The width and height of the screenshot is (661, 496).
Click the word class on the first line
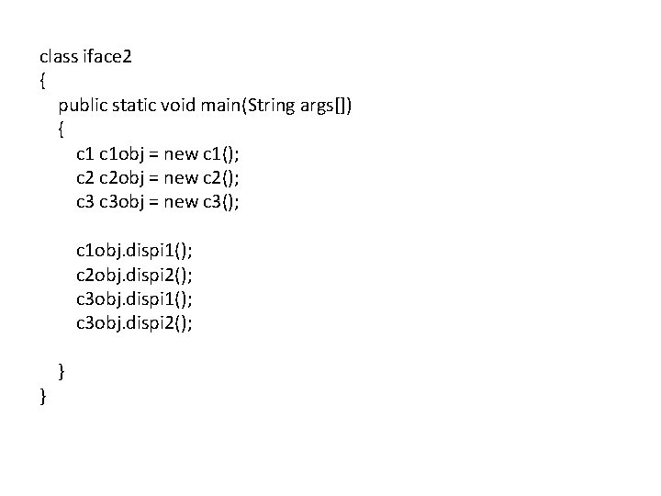59,57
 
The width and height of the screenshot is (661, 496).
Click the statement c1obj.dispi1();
134,250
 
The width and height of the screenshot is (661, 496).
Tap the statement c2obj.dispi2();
134,274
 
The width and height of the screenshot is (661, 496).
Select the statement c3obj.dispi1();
134,298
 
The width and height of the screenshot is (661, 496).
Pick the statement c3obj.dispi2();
134,321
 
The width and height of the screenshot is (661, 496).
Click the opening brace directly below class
43,81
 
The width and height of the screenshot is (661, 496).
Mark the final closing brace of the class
43,395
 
